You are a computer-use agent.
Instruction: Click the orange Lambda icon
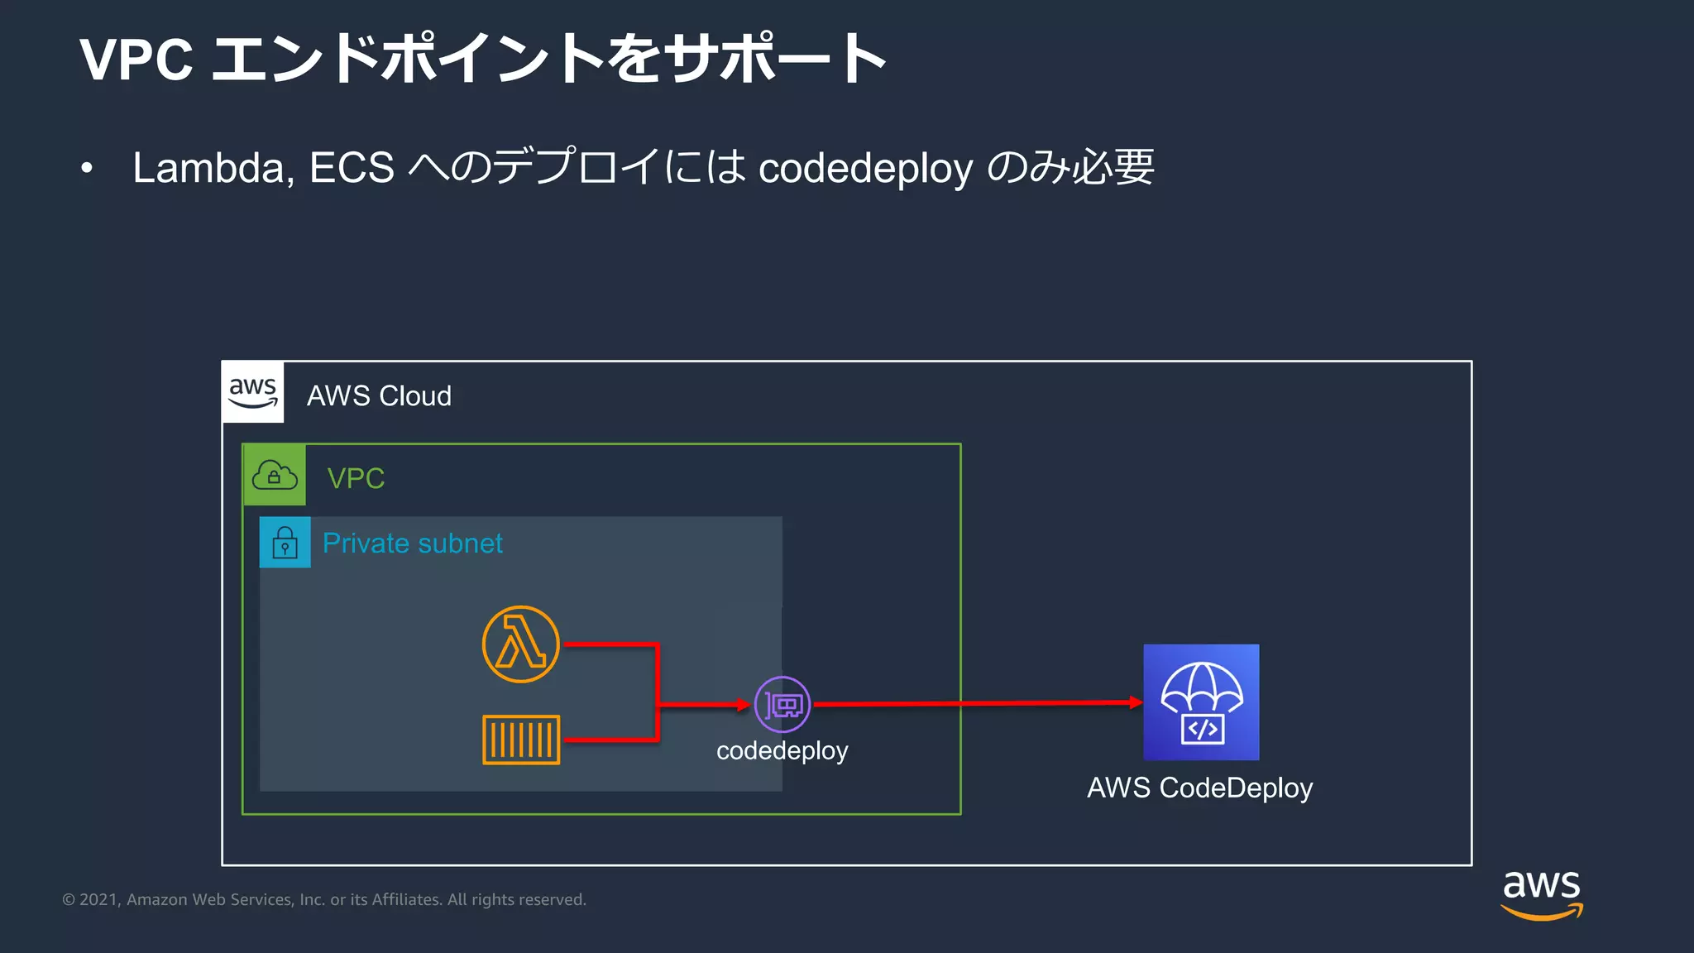coord(520,644)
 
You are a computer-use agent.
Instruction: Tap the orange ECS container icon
coord(521,740)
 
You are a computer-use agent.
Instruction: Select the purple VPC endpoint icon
coord(782,705)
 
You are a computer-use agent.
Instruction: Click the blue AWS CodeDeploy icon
coord(1201,702)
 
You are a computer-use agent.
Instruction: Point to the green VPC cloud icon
coord(275,476)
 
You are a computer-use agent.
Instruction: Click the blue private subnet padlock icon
coord(285,543)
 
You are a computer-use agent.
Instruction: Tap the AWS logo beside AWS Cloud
coord(253,392)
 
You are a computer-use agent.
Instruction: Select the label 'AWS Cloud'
coord(379,396)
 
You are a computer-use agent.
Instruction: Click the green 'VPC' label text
coord(356,478)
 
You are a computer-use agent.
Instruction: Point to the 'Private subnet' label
coord(413,544)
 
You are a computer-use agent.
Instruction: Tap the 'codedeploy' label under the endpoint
coord(782,750)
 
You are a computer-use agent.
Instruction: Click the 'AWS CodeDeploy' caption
coord(1199,788)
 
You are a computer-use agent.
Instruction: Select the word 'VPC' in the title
coord(136,60)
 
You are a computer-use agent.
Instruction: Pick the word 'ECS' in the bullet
coord(352,168)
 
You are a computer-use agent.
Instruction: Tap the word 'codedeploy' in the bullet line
coord(865,170)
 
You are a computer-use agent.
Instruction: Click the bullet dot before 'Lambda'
coord(87,169)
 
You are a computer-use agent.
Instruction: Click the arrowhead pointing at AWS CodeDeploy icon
coord(1137,702)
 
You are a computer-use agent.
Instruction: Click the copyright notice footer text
coord(324,899)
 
